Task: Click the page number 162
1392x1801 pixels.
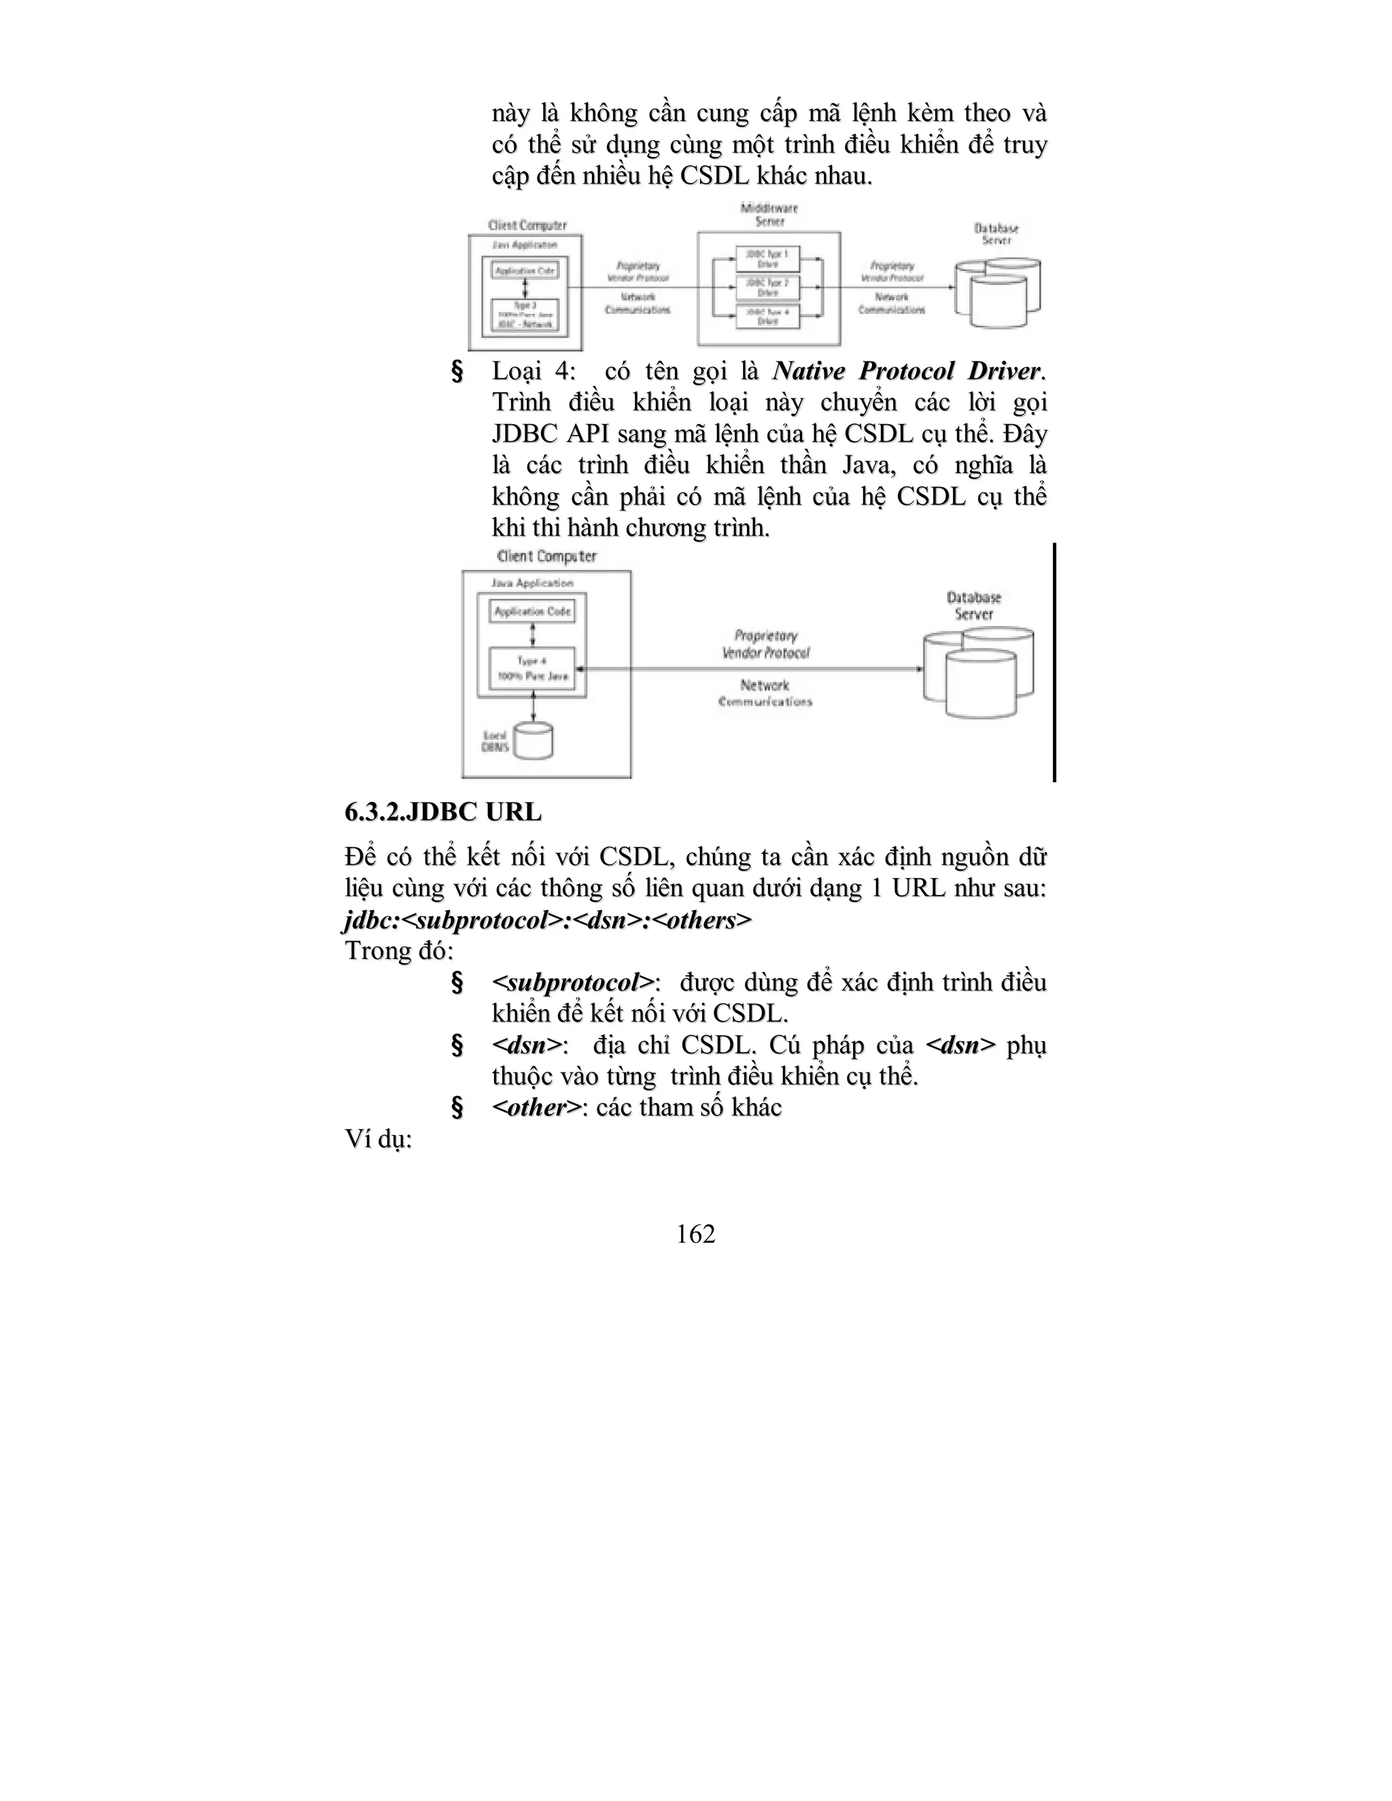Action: pos(695,1234)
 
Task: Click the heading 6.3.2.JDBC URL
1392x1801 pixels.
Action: pos(443,812)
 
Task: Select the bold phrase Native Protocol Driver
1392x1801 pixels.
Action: pos(906,371)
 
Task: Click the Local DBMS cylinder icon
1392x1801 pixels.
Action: pos(533,741)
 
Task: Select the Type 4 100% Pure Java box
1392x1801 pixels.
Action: pos(533,669)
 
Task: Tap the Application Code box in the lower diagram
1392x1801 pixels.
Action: pos(533,612)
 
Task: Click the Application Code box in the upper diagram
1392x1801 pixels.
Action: pos(525,270)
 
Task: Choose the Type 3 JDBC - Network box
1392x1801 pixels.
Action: pos(525,315)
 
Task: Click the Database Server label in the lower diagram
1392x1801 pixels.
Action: pos(974,606)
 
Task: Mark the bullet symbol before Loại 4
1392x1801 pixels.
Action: pos(457,372)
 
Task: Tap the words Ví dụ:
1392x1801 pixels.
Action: pos(379,1140)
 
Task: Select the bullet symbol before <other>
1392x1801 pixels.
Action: pos(457,1108)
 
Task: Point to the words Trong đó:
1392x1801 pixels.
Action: pos(399,951)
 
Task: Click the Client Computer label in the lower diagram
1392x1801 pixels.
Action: pos(546,557)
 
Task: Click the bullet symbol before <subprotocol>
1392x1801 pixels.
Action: pos(457,983)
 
